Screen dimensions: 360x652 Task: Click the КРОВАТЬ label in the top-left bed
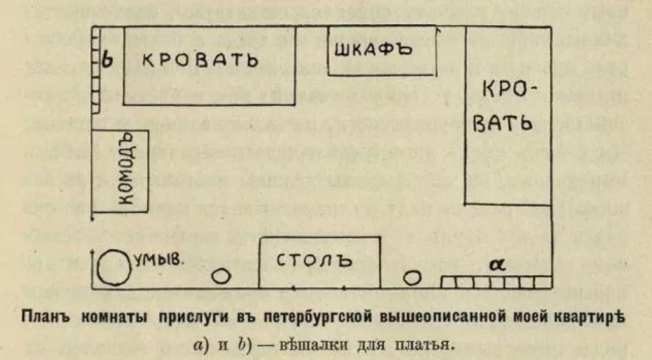[x=200, y=60]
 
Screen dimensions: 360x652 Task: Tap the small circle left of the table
[x=221, y=276]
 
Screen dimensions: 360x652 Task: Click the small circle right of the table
[x=413, y=277]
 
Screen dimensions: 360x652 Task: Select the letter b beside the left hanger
[x=108, y=59]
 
